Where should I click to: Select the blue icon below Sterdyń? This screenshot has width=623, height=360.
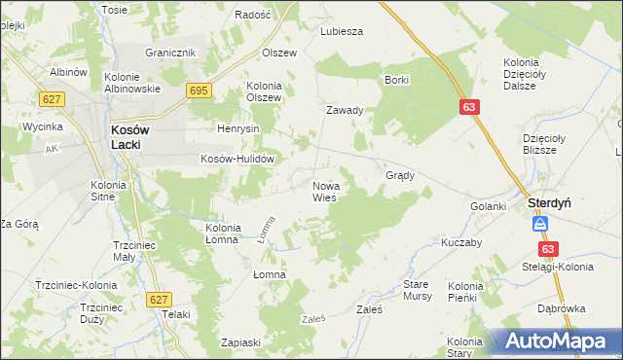pos(540,225)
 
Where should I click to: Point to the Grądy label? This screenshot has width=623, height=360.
pos(400,176)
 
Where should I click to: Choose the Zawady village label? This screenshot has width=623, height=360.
pos(345,110)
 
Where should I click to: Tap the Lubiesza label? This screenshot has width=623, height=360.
pos(342,31)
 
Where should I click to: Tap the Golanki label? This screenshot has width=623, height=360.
pos(489,206)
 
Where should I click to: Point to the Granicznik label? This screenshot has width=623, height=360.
pos(171,53)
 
